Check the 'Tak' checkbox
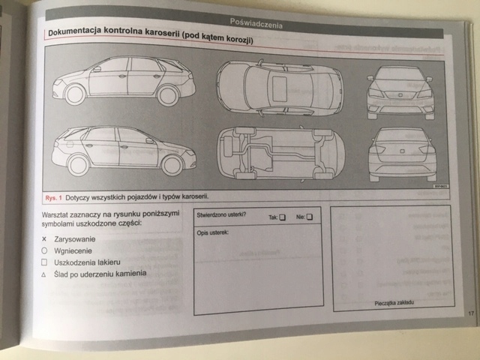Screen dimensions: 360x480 click(283, 218)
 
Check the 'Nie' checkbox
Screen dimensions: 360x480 click(310, 217)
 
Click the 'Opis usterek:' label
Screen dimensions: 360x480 click(213, 232)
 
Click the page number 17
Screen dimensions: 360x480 click(469, 313)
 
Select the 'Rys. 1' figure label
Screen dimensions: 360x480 click(52, 198)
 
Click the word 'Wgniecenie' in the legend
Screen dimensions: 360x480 click(74, 250)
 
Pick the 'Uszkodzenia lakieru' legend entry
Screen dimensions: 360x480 click(92, 262)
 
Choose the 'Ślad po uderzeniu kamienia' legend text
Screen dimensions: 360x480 click(105, 274)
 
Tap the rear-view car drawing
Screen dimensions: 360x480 click(402, 153)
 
